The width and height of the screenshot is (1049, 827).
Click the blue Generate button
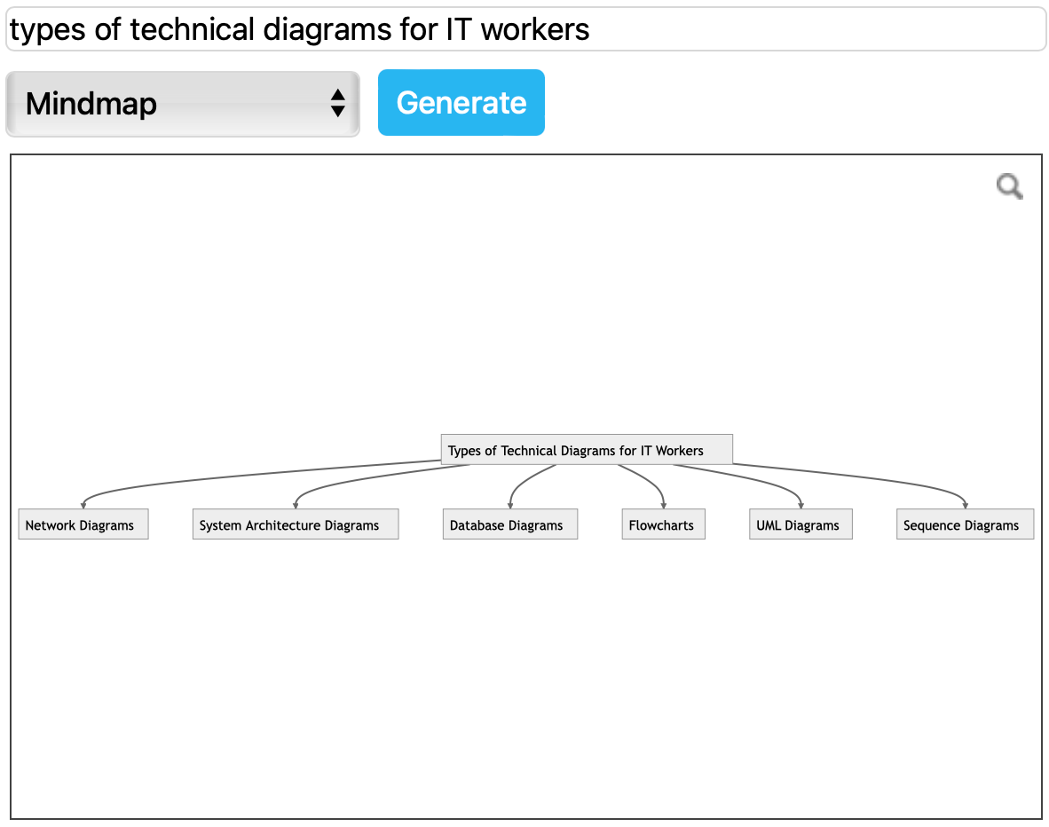[461, 103]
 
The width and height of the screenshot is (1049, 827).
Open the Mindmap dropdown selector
[182, 104]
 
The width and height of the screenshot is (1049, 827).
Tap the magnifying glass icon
[1009, 186]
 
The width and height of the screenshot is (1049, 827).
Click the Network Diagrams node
[83, 524]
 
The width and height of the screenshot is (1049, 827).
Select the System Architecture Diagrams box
[295, 524]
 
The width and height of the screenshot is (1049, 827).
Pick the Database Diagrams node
[509, 524]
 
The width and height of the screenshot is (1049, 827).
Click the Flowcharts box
[663, 524]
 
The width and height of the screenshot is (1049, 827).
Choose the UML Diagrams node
[800, 524]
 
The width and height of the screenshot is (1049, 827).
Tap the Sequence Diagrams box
[965, 524]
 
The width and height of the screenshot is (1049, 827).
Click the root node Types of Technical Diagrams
[586, 450]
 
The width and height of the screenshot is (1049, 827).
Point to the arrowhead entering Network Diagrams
[83, 506]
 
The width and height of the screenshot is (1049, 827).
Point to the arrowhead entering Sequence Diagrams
[966, 506]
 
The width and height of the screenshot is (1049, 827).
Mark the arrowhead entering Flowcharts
[664, 506]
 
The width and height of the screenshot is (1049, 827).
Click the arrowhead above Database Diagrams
[510, 506]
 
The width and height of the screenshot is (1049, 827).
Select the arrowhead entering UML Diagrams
[801, 506]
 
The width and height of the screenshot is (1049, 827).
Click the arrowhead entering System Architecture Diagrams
[296, 506]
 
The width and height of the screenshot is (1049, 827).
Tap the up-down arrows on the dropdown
[337, 103]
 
